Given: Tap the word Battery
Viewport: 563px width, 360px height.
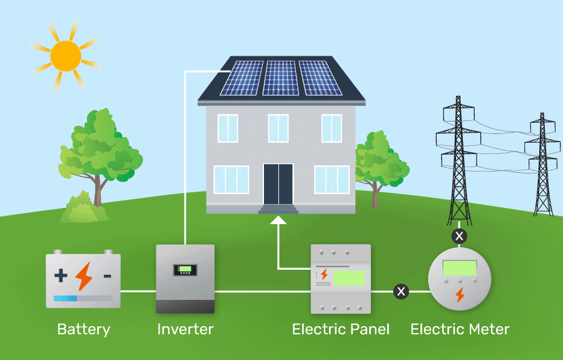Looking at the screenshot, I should tap(83, 329).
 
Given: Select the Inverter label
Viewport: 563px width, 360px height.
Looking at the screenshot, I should tap(185, 329).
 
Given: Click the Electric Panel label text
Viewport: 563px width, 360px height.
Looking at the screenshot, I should tap(340, 329).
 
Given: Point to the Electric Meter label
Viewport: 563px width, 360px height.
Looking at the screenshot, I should tap(460, 329).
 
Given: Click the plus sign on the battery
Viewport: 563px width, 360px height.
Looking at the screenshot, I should tap(61, 275).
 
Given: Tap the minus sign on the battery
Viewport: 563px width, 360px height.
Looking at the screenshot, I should tap(108, 275).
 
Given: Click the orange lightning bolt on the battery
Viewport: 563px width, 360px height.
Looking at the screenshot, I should tap(83, 275).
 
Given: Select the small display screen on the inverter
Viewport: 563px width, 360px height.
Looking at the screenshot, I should tap(185, 270).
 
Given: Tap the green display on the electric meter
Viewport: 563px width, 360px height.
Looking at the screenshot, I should tap(460, 268).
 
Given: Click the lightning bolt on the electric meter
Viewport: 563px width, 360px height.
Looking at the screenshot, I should tap(460, 294).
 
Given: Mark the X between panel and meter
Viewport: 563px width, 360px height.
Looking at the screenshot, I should tap(400, 291).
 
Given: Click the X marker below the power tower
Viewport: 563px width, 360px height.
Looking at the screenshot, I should tap(459, 236).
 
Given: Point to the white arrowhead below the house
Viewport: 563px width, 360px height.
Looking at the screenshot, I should tap(278, 219).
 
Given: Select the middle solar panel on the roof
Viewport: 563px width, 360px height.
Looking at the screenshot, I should tap(281, 78).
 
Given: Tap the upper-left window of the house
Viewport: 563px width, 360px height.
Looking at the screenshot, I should tap(228, 128).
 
